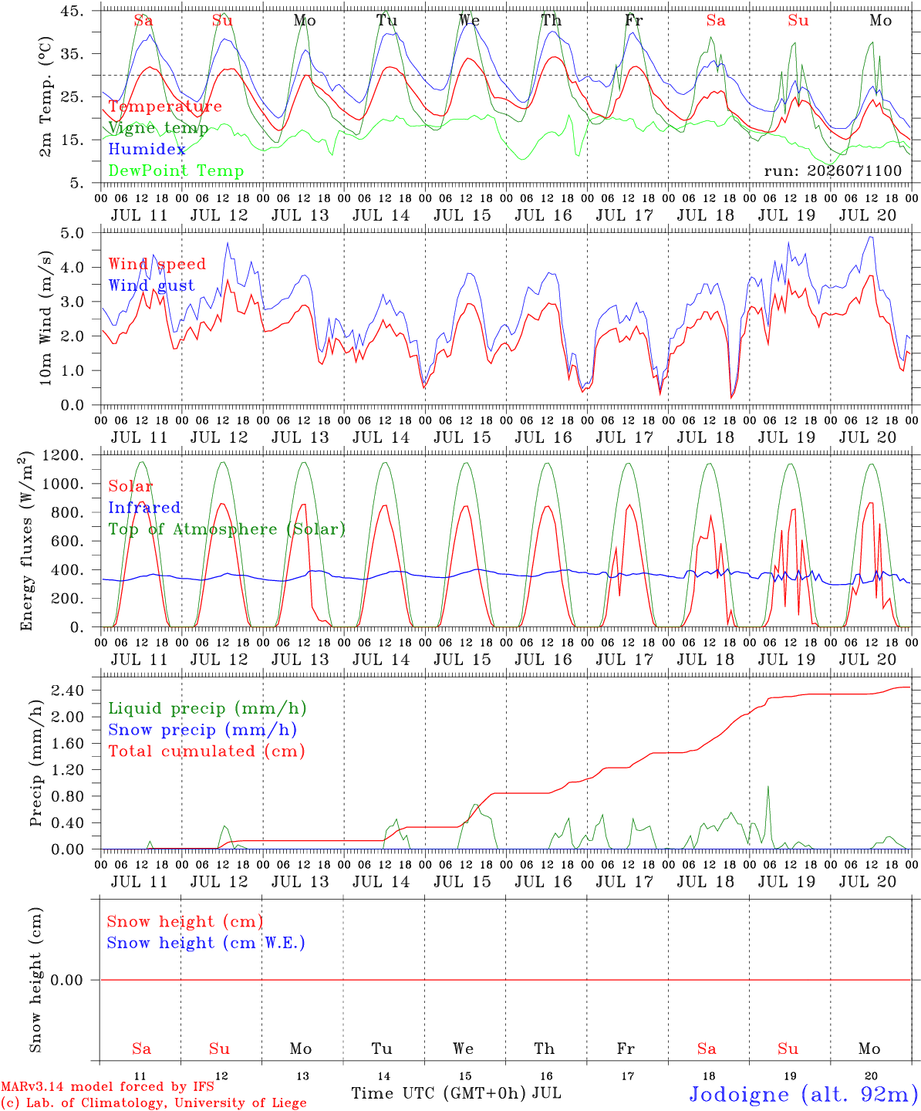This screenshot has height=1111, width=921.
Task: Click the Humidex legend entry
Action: click(147, 149)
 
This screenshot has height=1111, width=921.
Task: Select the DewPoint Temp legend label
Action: click(176, 171)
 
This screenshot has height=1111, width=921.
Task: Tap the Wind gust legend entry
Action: click(151, 285)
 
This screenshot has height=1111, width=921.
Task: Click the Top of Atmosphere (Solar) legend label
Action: click(228, 529)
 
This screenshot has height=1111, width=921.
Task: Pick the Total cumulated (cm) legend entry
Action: click(207, 751)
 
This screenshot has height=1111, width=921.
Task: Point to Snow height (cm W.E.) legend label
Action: click(206, 943)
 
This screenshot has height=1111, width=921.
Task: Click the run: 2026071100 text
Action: click(832, 171)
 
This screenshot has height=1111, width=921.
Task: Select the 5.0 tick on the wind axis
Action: click(72, 233)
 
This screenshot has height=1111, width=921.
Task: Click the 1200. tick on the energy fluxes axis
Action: click(62, 455)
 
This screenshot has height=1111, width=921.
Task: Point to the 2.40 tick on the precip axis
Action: click(67, 691)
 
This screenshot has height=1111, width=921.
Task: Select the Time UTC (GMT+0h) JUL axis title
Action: click(456, 1093)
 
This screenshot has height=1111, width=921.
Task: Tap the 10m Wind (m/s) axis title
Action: click(46, 317)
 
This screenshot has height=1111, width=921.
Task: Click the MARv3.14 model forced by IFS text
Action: click(107, 1086)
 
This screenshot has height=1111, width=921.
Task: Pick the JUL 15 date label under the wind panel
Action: click(462, 437)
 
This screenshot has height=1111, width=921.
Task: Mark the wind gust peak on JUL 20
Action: click(870, 238)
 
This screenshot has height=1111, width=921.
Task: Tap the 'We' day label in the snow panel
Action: click(463, 1049)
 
